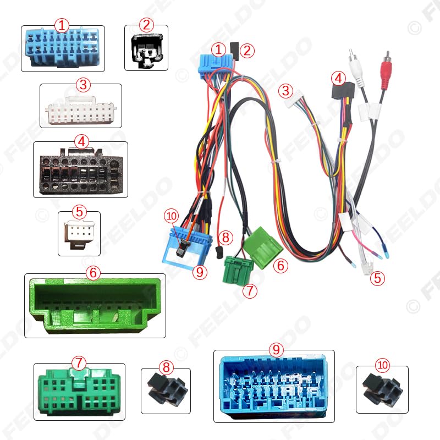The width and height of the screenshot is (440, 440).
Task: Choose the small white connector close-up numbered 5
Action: point(79,233)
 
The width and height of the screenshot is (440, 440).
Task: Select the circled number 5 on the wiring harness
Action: point(377,278)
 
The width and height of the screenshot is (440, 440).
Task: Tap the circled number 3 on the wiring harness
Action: point(285,90)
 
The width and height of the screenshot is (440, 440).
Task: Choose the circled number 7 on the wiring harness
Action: point(250,290)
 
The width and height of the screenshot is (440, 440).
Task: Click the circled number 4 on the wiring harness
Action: point(339,78)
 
